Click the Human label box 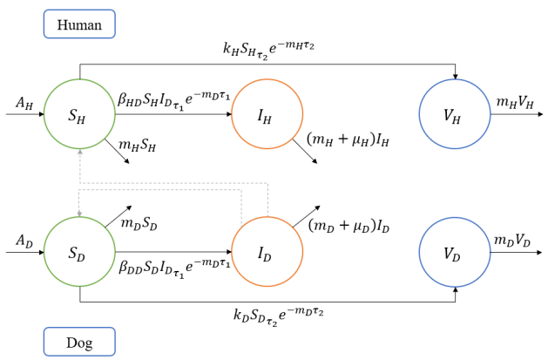click(79, 24)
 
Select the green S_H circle click(79, 113)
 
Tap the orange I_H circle click(267, 113)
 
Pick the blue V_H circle click(454, 113)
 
